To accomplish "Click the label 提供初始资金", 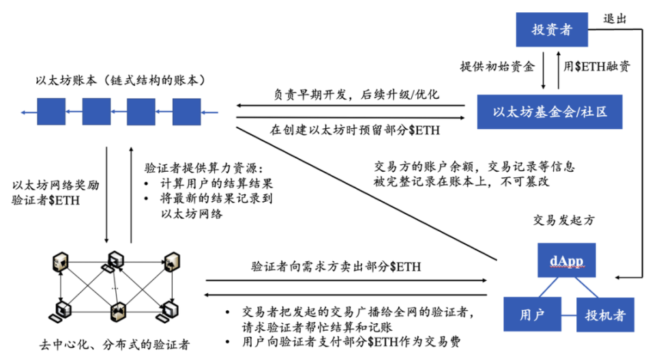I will tap(499, 67).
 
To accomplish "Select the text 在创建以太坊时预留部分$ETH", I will tap(355, 129).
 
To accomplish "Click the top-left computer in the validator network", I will tap(61, 261).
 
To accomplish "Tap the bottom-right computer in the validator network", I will tap(168, 312).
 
